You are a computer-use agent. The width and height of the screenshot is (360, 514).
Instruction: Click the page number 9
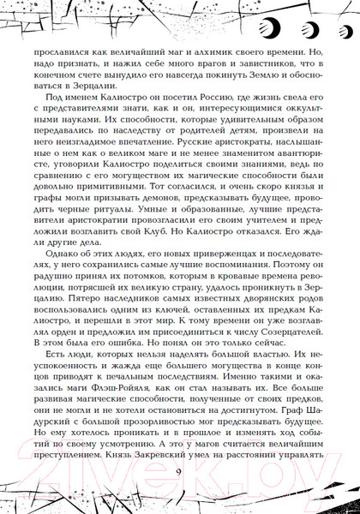178,475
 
